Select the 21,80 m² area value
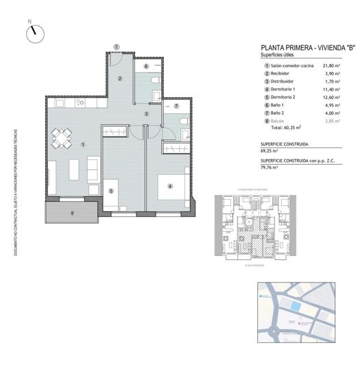coord(332,65)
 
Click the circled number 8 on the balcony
coord(71,213)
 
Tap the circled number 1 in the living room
coord(82,144)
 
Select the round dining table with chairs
coord(62,139)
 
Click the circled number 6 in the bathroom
coord(146,67)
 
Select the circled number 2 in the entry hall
coord(119,78)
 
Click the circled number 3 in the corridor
coord(146,113)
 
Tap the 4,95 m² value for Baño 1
coord(332,104)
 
